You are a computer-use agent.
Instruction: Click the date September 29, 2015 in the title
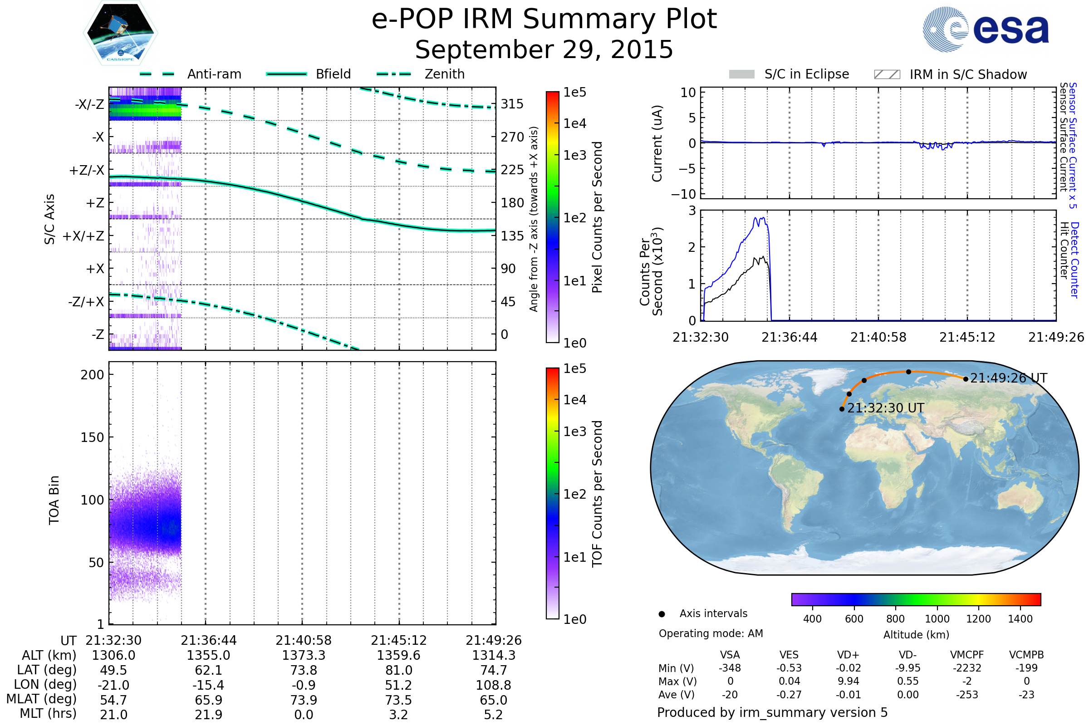point(544,50)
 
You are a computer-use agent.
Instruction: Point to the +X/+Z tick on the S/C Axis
point(83,236)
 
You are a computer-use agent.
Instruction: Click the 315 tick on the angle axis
point(512,104)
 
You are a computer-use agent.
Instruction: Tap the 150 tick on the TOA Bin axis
point(92,437)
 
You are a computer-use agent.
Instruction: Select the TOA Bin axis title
point(54,500)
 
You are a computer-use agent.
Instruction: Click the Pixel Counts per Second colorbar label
point(597,217)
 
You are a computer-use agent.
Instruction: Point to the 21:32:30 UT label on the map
point(886,408)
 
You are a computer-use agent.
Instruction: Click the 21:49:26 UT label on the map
point(1008,378)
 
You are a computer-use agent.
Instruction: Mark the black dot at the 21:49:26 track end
point(966,379)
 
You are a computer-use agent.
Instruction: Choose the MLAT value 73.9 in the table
point(303,700)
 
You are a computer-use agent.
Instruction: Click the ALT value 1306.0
point(113,656)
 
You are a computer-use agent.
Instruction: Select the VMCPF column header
point(967,655)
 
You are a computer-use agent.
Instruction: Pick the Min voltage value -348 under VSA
point(730,668)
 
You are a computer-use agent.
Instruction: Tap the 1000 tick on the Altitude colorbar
point(937,619)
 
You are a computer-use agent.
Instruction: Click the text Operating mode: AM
point(711,633)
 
